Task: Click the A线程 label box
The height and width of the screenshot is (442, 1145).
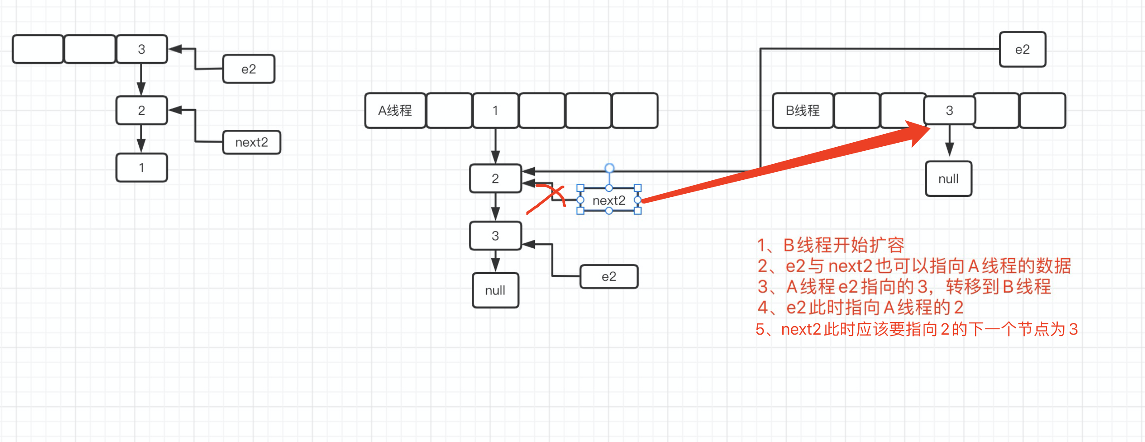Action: click(395, 110)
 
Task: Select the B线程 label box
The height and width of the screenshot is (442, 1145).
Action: click(803, 110)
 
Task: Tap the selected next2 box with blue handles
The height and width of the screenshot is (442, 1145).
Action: click(609, 200)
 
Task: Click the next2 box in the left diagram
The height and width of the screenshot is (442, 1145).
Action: click(251, 142)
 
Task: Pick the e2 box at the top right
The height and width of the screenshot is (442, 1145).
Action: click(1022, 49)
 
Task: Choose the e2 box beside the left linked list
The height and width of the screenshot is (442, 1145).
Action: click(249, 69)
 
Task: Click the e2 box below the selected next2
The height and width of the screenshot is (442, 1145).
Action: click(609, 276)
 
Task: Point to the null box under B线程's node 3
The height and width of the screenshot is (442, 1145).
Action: click(948, 179)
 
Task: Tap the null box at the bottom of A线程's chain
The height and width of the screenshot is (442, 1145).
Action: click(495, 290)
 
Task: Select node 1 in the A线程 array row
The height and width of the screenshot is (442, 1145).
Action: click(495, 110)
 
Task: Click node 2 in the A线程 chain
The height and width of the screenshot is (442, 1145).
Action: click(495, 178)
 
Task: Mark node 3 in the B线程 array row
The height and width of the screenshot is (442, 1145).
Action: click(949, 110)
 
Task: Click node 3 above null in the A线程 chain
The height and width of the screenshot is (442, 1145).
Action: click(495, 236)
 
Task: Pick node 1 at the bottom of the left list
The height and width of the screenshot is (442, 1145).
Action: click(141, 168)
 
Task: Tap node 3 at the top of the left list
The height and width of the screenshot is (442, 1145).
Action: click(141, 49)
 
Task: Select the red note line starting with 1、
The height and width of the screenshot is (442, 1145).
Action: click(831, 245)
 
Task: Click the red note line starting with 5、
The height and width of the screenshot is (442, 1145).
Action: click(916, 329)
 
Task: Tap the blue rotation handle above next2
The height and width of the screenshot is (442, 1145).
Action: click(609, 168)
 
